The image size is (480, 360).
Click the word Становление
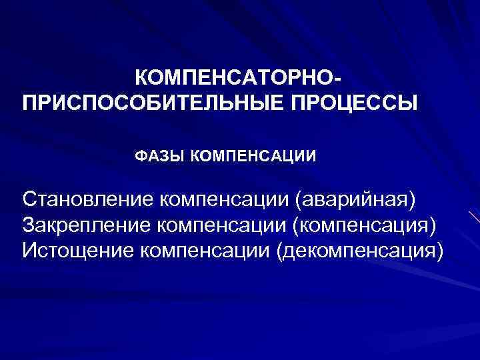click(88, 198)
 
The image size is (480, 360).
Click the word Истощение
click(79, 251)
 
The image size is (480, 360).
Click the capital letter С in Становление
click(29, 198)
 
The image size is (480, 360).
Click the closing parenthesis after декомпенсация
click(438, 251)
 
